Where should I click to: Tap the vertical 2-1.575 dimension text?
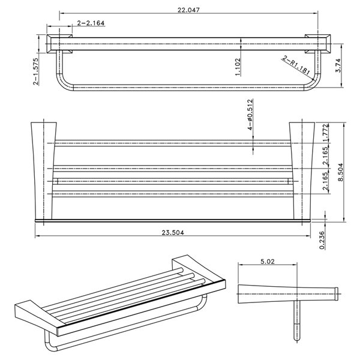pyautogui.click(x=35, y=73)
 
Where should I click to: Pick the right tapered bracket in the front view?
pyautogui.click(x=302, y=171)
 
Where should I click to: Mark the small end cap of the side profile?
pyautogui.click(x=337, y=293)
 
